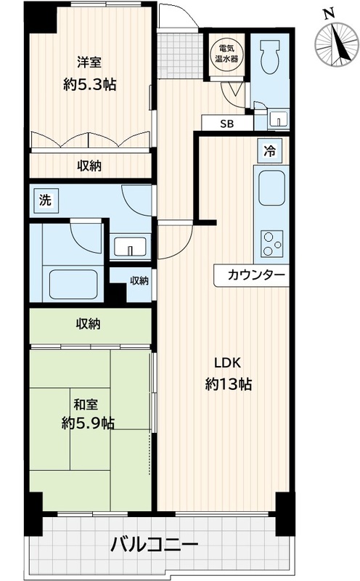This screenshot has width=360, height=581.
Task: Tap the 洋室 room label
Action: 89,61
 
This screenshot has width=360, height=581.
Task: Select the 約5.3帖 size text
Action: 89,84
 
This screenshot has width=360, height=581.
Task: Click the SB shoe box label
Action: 228,123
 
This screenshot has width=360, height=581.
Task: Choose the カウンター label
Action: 252,275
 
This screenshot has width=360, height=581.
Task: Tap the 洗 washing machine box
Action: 45,200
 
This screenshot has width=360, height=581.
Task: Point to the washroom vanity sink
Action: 131,247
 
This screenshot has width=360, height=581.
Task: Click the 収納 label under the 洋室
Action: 89,166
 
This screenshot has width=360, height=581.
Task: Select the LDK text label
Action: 226,363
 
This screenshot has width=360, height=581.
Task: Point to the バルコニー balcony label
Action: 153,543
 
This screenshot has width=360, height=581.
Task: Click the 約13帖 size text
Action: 226,385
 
